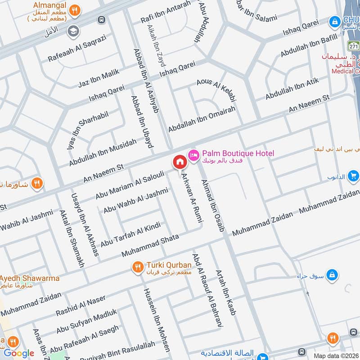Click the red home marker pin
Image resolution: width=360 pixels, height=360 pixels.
[179, 162]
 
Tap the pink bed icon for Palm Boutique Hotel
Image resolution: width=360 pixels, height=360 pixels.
[193, 154]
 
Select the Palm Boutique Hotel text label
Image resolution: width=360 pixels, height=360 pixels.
[238, 154]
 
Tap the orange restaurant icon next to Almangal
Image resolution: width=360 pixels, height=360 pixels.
[76, 9]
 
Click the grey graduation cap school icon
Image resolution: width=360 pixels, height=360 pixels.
[72, 31]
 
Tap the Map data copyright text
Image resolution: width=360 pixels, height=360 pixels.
[337, 355]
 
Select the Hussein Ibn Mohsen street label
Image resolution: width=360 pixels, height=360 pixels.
[157, 319]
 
